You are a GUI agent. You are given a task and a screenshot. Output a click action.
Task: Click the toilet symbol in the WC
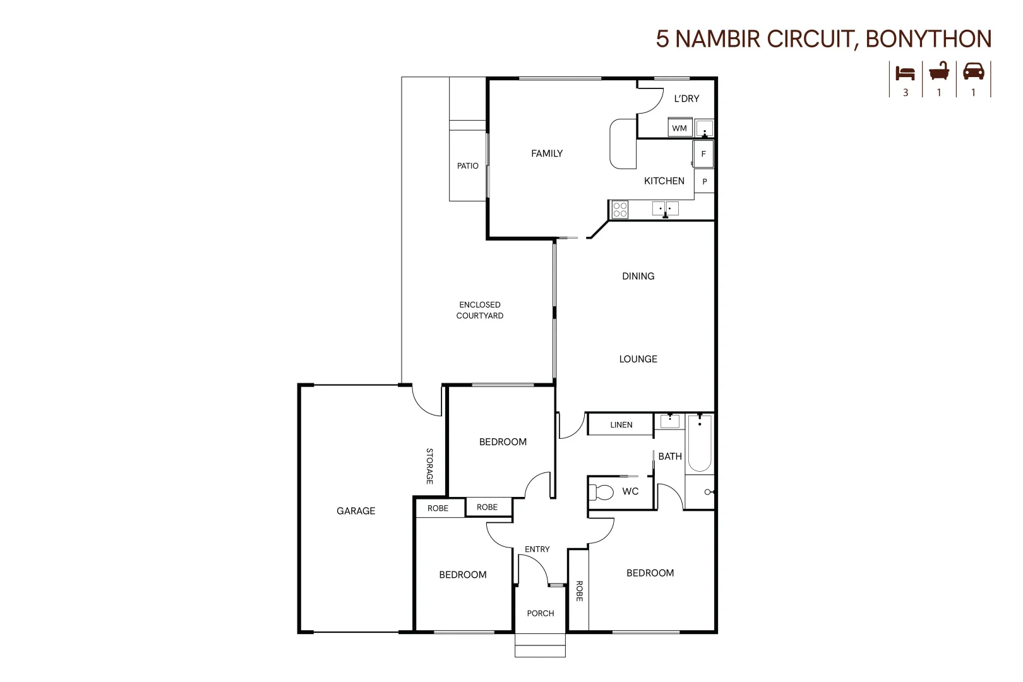click(602, 492)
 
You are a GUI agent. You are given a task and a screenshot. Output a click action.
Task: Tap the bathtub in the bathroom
click(700, 443)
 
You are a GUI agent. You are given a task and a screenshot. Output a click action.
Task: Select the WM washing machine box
click(679, 128)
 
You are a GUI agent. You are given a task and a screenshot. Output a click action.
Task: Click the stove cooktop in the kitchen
click(619, 209)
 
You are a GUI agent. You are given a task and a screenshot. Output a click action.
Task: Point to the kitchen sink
click(666, 208)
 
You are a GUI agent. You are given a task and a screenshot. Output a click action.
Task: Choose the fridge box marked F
click(703, 154)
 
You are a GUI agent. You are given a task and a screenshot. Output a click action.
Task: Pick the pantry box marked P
click(704, 182)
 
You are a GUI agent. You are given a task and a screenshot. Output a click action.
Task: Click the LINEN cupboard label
click(621, 425)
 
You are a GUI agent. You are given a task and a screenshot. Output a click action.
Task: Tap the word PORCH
click(541, 613)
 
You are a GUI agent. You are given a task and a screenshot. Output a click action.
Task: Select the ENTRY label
click(537, 549)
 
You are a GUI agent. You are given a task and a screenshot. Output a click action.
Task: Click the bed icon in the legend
click(905, 73)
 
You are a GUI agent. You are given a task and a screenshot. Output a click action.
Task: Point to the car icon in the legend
click(973, 71)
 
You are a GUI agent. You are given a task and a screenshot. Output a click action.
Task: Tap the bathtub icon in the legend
click(939, 71)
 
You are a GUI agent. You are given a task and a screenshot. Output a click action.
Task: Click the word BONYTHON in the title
click(928, 39)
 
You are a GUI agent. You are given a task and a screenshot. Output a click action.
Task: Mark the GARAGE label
click(356, 511)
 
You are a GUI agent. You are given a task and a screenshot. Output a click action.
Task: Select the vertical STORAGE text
click(429, 466)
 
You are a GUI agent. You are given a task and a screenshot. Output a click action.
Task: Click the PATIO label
click(468, 166)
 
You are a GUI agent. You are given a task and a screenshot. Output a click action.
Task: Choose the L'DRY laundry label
click(686, 99)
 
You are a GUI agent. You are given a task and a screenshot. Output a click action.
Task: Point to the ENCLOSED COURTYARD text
click(480, 310)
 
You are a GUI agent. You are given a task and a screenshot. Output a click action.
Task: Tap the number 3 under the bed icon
click(906, 93)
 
